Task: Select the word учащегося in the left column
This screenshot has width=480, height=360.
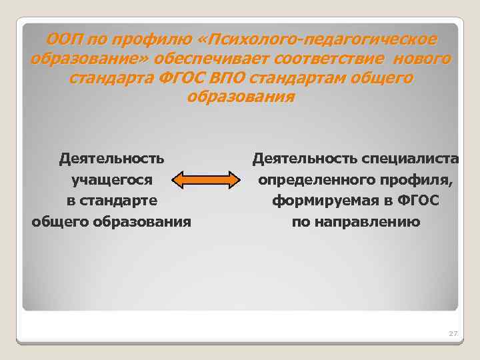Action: tap(112, 179)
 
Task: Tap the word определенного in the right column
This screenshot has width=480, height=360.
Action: tap(313, 179)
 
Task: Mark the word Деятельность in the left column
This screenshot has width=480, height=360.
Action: tap(111, 159)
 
